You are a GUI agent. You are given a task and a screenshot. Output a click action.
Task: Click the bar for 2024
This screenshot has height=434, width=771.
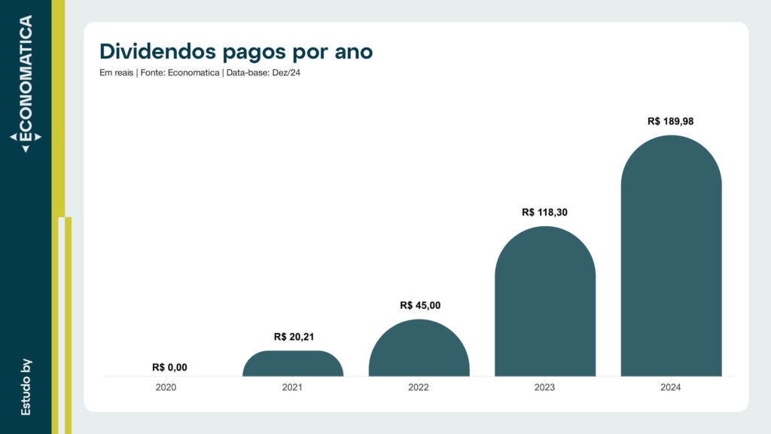point(671,256)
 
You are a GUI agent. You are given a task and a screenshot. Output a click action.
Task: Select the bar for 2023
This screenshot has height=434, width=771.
point(545,301)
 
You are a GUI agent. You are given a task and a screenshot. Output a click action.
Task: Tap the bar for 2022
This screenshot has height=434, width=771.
point(419,348)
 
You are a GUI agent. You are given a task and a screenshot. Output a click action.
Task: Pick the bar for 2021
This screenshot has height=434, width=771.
point(293,364)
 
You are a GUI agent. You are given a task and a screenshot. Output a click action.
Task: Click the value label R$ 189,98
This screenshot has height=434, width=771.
point(671,121)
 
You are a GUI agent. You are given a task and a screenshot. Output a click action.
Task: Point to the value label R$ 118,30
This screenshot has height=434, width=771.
point(544,212)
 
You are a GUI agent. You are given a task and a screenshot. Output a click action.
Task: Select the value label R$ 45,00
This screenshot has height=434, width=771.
point(420,305)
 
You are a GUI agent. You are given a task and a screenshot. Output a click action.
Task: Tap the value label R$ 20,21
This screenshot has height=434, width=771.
point(294,337)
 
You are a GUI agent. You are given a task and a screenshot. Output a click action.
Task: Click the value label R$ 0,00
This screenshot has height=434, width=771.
point(169,368)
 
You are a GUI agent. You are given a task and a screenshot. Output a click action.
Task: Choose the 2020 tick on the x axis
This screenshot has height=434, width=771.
point(167,388)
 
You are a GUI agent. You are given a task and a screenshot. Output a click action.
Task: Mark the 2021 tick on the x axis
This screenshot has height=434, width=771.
point(293,388)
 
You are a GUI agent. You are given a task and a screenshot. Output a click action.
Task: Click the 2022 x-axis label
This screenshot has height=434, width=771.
point(419,388)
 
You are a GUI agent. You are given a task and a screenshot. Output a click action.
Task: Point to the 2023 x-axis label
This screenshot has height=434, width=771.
point(545,388)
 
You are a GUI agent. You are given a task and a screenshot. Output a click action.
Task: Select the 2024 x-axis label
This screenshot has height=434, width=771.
point(671,388)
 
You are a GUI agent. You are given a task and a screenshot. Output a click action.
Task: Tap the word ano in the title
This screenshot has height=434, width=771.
point(351,53)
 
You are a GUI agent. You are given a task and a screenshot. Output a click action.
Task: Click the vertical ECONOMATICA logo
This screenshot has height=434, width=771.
point(26,83)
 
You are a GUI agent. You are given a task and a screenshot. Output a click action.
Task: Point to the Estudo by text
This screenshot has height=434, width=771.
point(26,387)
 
